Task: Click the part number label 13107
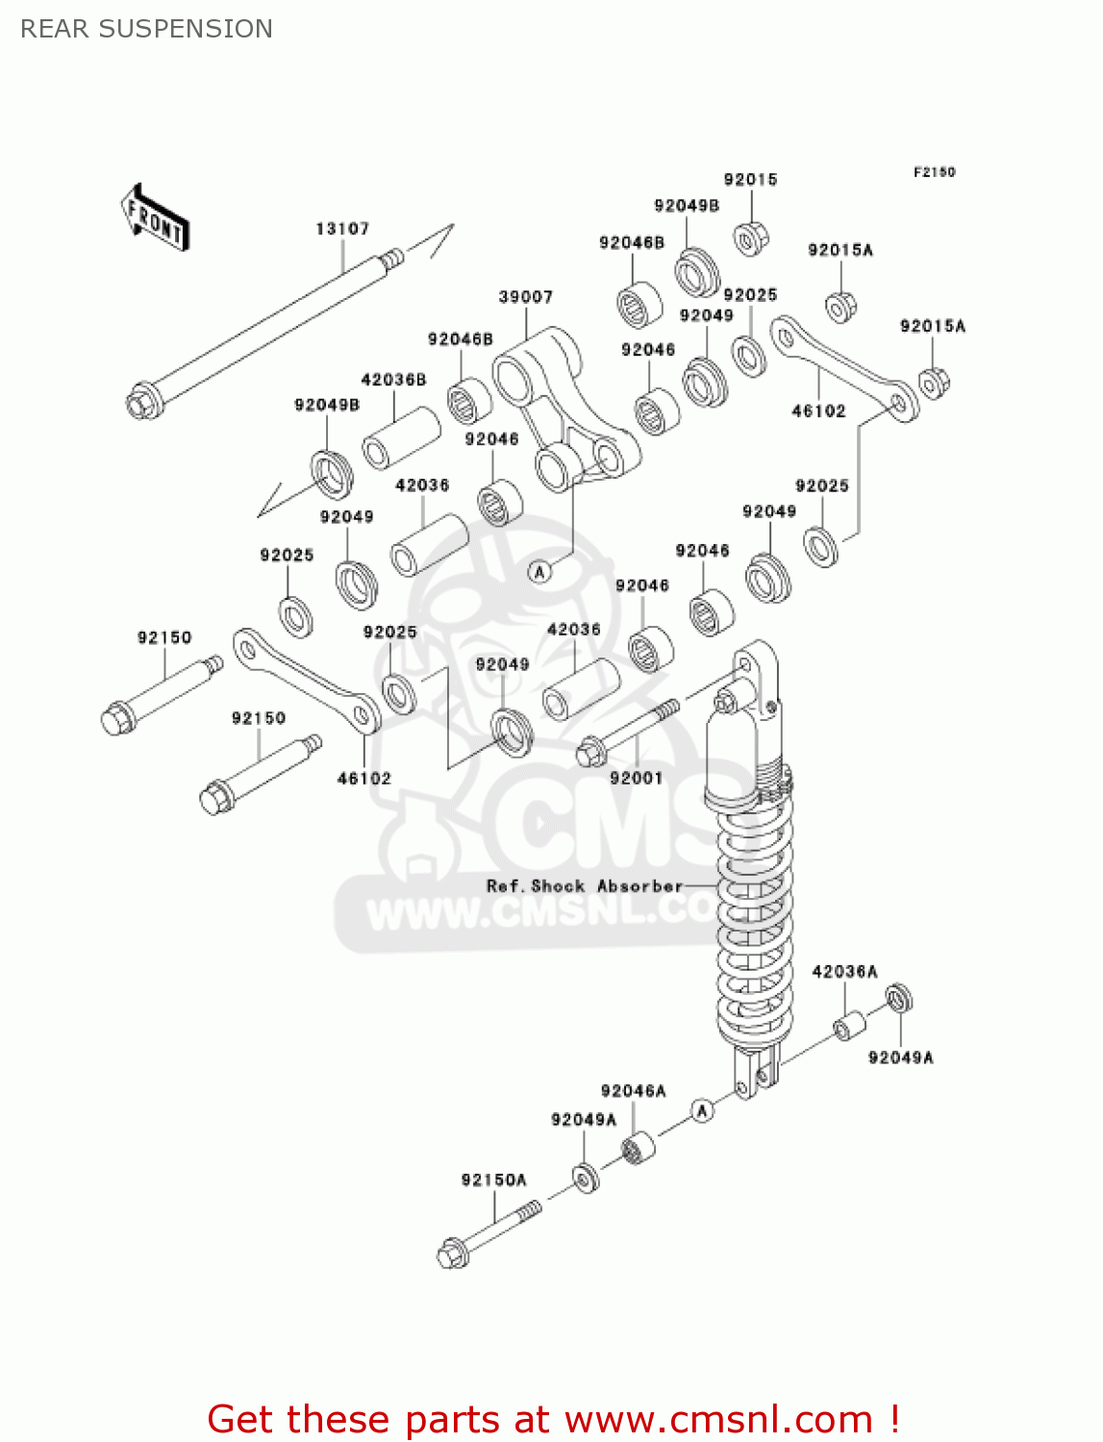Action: point(342,229)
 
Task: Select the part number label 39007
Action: point(525,297)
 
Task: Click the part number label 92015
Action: point(750,180)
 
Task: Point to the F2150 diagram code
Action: point(934,172)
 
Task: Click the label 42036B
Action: point(393,380)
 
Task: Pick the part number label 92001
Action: point(636,778)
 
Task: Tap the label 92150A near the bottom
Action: point(493,1180)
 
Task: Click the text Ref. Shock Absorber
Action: point(584,885)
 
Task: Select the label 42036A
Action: point(844,971)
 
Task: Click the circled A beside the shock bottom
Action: point(703,1111)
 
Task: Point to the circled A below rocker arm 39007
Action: point(540,572)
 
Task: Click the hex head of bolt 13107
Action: point(142,402)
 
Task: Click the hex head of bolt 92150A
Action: point(451,1256)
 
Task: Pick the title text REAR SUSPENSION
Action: point(146,29)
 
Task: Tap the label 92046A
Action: point(633,1090)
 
